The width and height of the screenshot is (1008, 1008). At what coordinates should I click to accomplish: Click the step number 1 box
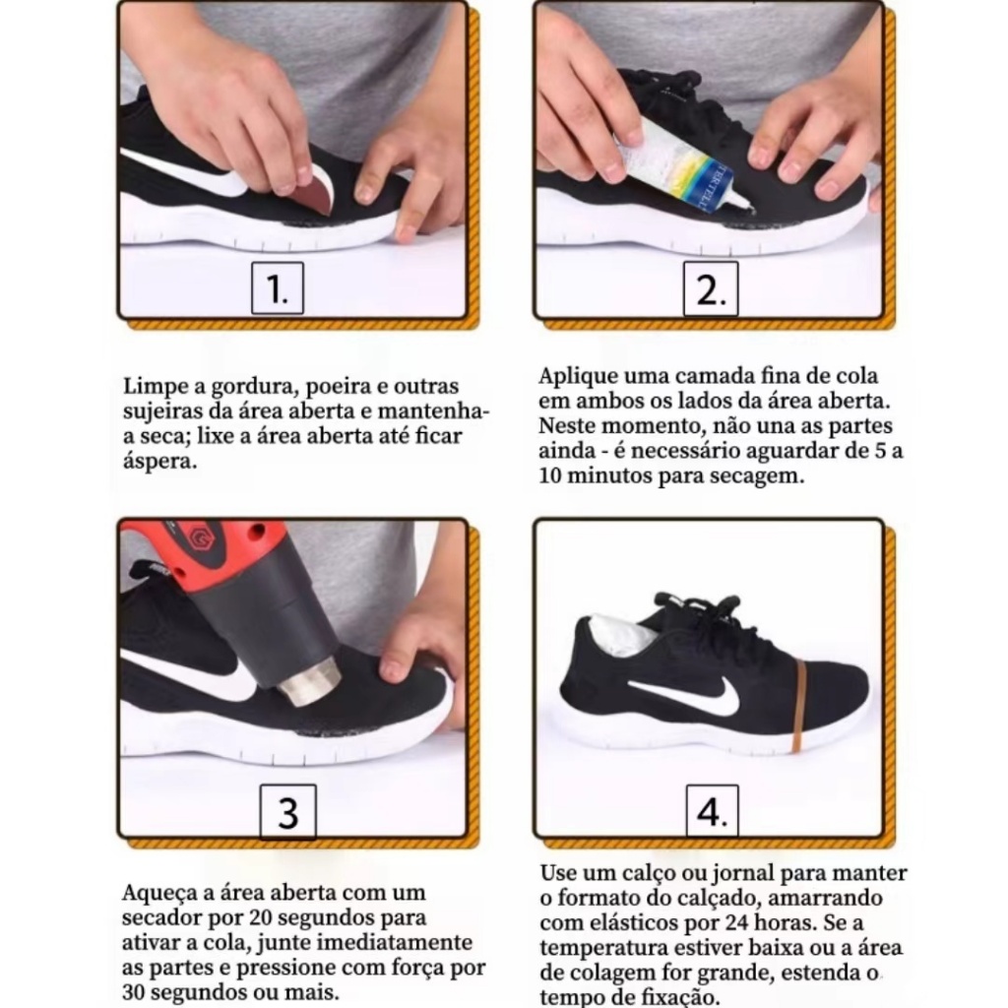click(x=277, y=288)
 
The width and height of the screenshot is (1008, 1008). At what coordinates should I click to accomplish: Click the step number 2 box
click(x=711, y=288)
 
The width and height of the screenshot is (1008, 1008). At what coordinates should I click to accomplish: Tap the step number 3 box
click(x=288, y=812)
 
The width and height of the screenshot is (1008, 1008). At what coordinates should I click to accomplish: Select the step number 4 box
click(x=713, y=811)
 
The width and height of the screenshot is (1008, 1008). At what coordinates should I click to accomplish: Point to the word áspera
click(x=160, y=462)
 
